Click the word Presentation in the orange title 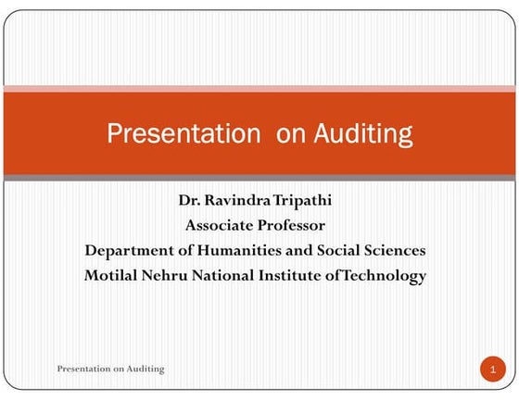[184, 134]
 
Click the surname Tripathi [302, 200]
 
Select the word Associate [219, 225]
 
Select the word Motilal [112, 275]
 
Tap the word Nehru [167, 275]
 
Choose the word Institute [297, 275]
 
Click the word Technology [385, 275]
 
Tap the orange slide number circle [491, 370]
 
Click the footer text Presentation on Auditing [110, 369]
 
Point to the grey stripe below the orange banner [259, 177]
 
